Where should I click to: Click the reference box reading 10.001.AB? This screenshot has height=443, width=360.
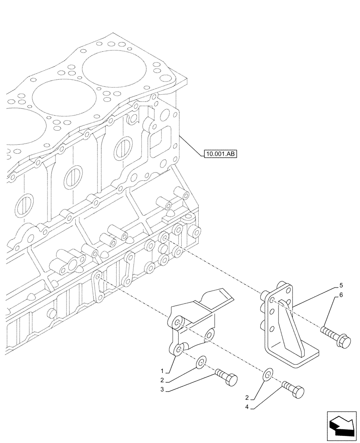click(220, 154)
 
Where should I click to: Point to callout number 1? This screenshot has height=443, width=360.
click(163, 370)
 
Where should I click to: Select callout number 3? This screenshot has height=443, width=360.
click(163, 389)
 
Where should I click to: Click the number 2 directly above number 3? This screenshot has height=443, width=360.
click(163, 380)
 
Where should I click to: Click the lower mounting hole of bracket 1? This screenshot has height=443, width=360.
click(179, 350)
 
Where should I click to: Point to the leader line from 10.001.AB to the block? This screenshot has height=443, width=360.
click(191, 144)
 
